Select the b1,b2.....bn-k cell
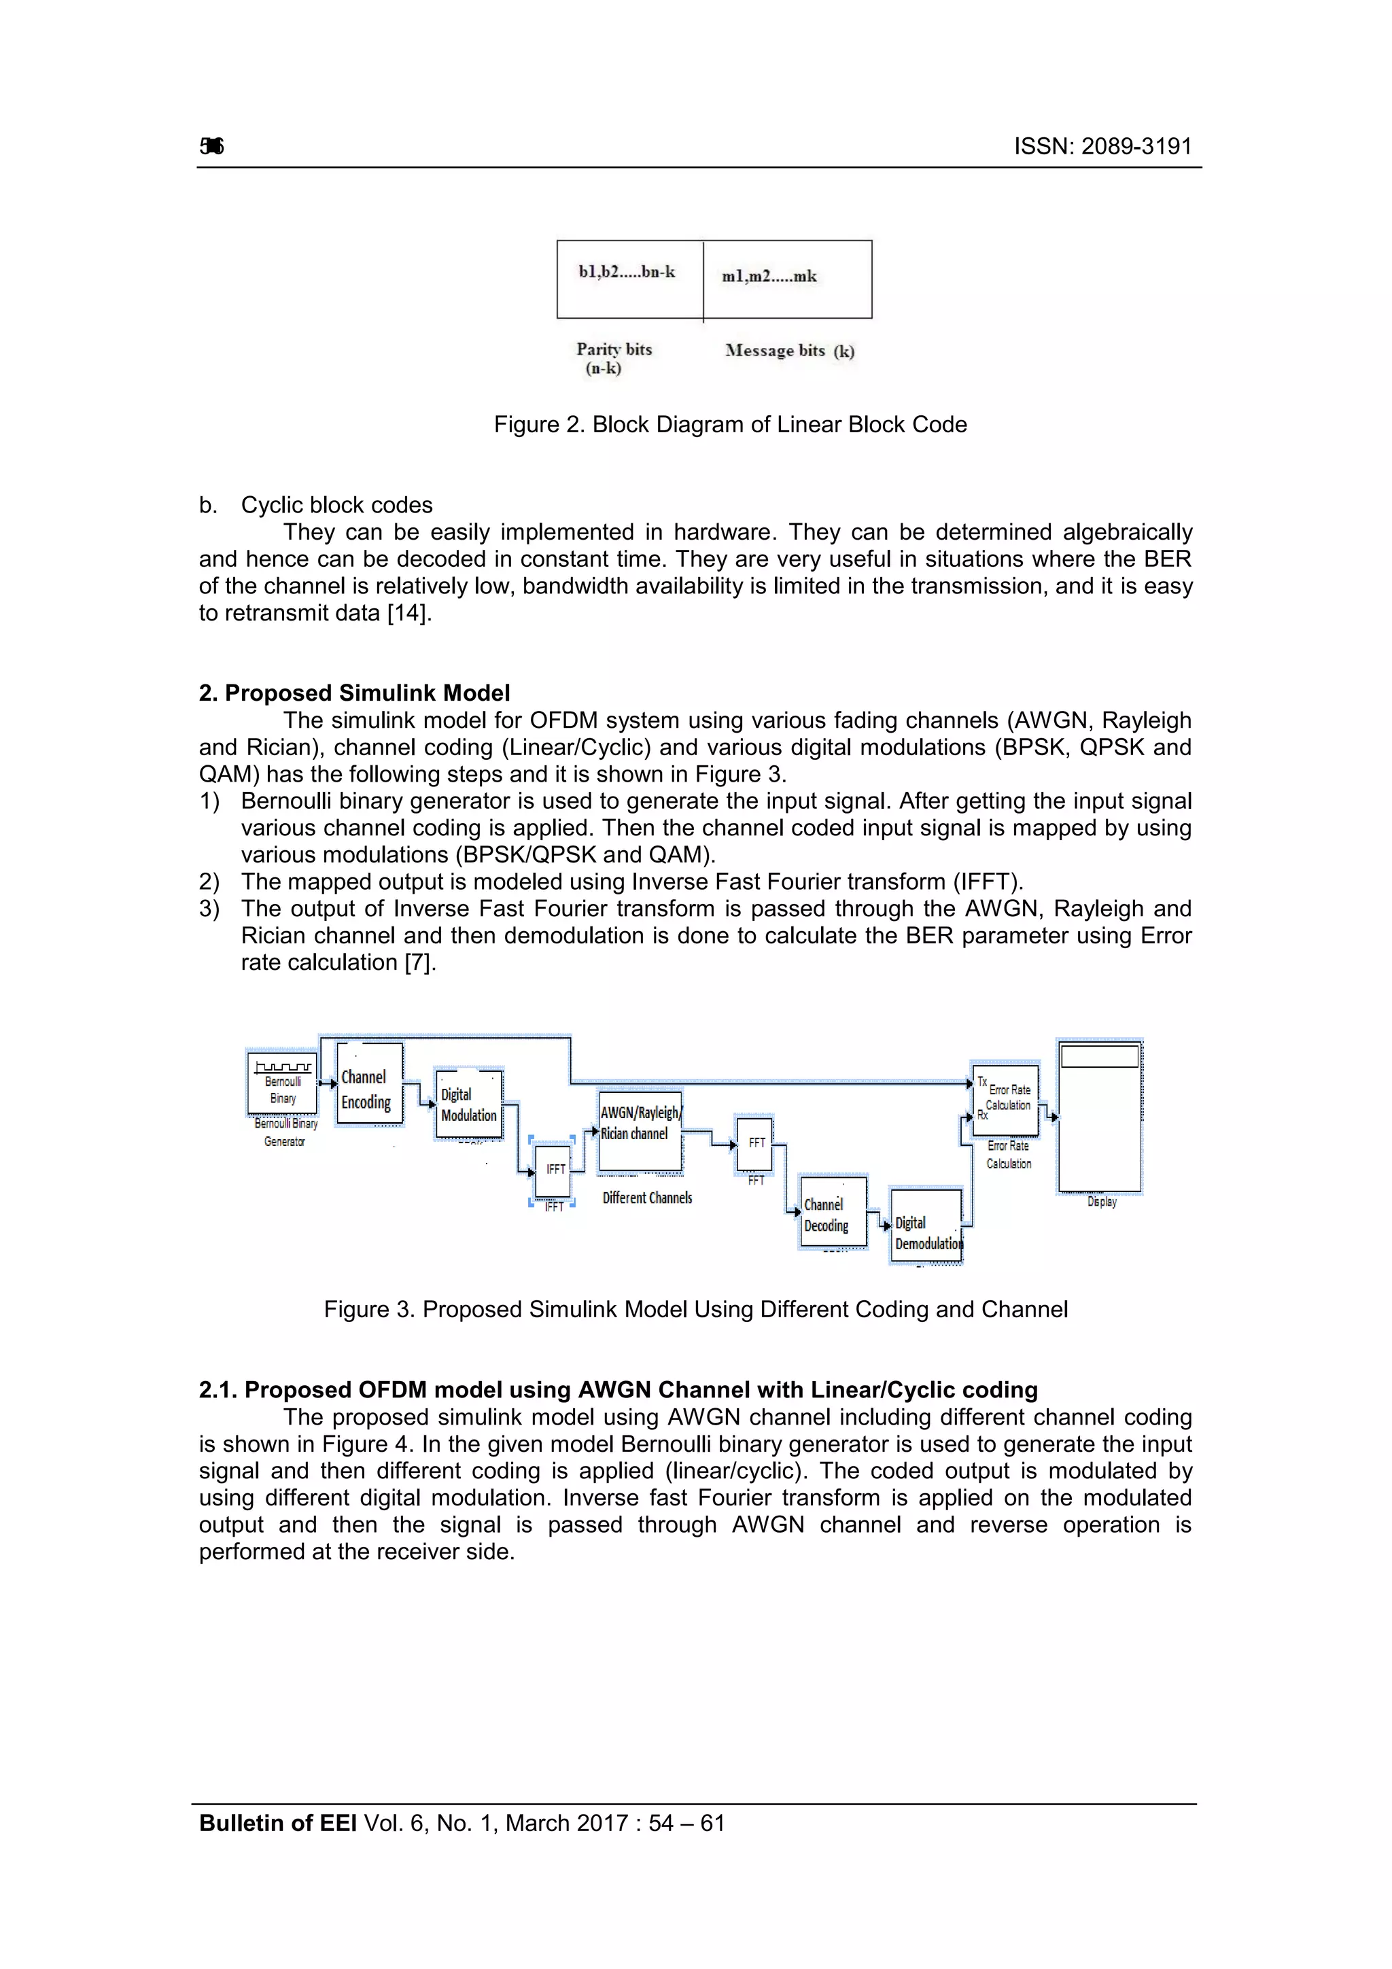[629, 279]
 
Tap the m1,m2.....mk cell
[786, 279]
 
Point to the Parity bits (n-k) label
[612, 358]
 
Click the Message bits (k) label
[789, 351]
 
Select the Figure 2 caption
[730, 425]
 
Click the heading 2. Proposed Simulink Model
[354, 693]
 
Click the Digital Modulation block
[468, 1104]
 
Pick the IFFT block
[554, 1170]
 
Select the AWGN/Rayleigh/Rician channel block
[640, 1131]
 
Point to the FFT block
[754, 1143]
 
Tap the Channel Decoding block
[833, 1212]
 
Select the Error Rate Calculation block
[1006, 1100]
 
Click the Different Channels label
[646, 1198]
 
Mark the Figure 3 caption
[695, 1310]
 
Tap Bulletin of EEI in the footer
[277, 1824]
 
